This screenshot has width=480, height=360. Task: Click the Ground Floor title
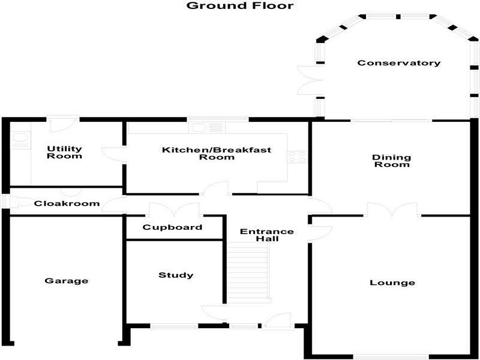coord(240,6)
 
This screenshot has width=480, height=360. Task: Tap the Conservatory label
coord(399,63)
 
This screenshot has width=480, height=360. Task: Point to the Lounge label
coord(392,283)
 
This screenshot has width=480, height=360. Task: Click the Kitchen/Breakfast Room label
coord(217,154)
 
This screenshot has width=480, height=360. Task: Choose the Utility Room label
coord(65,152)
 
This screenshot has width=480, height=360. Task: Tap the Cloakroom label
coord(67,203)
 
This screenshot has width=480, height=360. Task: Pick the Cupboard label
coord(173,228)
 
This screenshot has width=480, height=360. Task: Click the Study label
coord(176,275)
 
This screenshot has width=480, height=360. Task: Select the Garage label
coord(67,281)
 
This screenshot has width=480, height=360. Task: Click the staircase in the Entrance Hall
coord(248,270)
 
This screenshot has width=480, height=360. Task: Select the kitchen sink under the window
coord(206,127)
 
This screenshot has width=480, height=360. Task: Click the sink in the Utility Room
coord(20,141)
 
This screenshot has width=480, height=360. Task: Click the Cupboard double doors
coord(174,210)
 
